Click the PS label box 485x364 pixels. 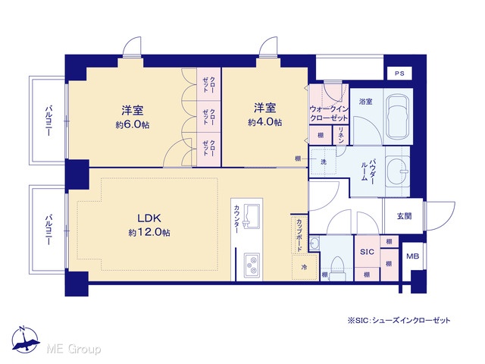[399, 74]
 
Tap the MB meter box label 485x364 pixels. [412, 256]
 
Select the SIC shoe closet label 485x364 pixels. [367, 252]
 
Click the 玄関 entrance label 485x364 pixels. [404, 216]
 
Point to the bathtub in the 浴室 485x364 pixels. [398, 116]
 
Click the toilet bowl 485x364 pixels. [337, 268]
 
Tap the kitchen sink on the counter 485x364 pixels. [252, 216]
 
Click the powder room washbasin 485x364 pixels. [398, 171]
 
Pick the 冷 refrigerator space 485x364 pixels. [305, 267]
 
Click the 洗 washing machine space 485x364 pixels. [324, 162]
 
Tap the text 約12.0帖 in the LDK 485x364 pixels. [149, 233]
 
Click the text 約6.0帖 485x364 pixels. [133, 124]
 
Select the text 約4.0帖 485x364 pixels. [264, 122]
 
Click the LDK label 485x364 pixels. [149, 218]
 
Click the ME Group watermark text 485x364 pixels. [74, 349]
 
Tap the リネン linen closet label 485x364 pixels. [342, 135]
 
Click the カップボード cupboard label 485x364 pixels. [299, 235]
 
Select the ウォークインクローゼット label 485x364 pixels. [329, 113]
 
